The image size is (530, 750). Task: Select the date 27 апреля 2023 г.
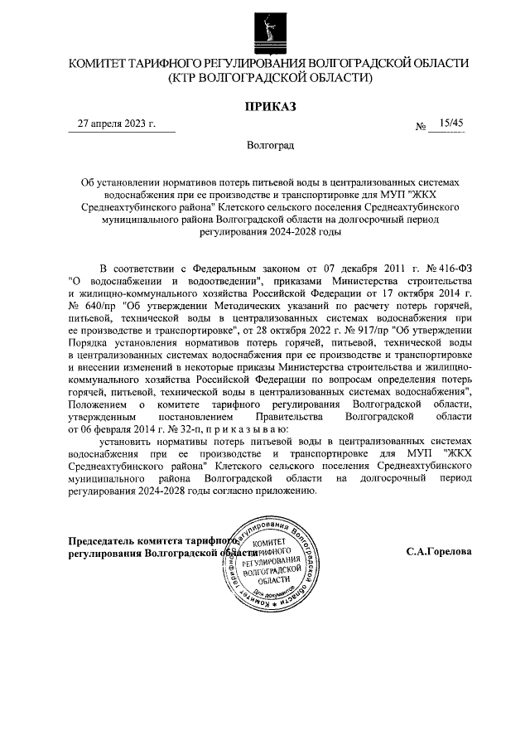(x=117, y=123)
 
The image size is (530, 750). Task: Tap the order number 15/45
(x=452, y=123)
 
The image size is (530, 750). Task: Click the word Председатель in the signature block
(x=105, y=540)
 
